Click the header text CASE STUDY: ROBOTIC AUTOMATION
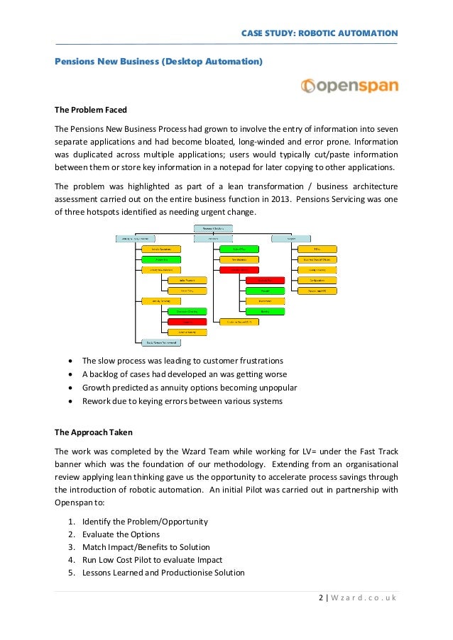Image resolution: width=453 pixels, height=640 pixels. (x=320, y=33)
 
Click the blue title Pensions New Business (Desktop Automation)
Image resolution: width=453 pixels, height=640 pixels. (x=158, y=62)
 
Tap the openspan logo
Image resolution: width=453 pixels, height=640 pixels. (x=349, y=86)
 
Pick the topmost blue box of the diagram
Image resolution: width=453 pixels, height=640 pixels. (x=214, y=229)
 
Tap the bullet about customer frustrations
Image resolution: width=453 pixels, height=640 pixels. (x=182, y=361)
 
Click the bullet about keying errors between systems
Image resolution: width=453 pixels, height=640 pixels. (x=182, y=401)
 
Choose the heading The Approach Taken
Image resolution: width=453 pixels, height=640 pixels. (x=93, y=432)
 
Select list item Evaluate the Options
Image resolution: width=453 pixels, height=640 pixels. (x=120, y=534)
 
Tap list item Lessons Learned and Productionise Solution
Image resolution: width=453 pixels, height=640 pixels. (x=163, y=573)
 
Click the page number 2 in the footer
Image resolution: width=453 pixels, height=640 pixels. (x=320, y=599)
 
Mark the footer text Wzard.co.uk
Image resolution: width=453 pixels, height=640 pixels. (x=364, y=599)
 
